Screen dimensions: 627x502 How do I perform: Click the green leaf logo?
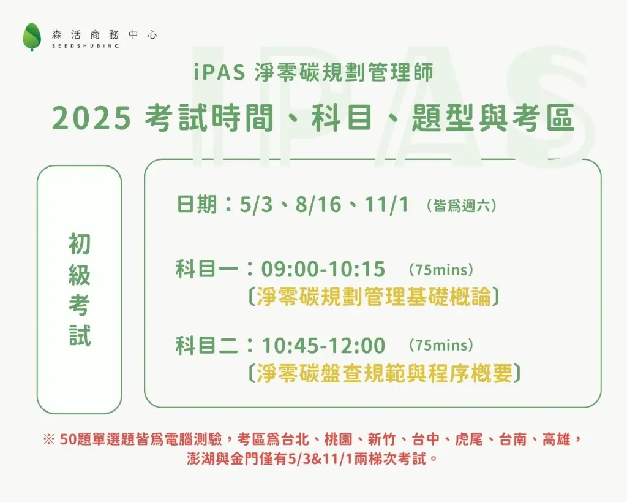point(32,37)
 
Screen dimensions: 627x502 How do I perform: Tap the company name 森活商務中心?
point(104,35)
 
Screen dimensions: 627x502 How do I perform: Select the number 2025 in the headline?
point(92,118)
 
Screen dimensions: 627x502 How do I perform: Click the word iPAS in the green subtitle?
point(220,73)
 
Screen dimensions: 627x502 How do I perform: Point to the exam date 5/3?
point(257,205)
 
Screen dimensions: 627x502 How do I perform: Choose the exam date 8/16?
point(318,205)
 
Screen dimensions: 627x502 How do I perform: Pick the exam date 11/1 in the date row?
point(386,205)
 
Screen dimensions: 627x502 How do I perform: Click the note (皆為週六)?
point(462,206)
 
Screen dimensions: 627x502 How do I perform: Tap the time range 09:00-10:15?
point(323,269)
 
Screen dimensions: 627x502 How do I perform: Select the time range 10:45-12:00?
point(323,346)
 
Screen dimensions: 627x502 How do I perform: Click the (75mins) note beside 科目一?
point(441,270)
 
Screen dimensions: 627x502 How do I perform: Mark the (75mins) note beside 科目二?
point(441,346)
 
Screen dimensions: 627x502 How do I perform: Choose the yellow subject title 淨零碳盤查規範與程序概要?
point(385,373)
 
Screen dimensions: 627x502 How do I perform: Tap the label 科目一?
point(207,269)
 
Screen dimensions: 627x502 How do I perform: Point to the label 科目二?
point(207,346)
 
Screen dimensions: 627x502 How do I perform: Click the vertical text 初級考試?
point(79,289)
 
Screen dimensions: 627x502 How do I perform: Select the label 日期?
point(197,204)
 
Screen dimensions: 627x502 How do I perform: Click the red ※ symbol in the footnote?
point(48,439)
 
